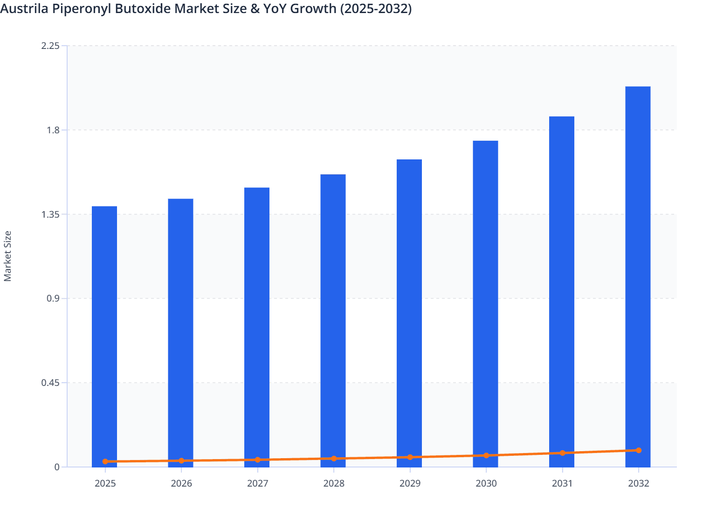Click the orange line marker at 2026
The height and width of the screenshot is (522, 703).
pyautogui.click(x=181, y=460)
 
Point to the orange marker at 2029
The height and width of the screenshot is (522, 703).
pyautogui.click(x=410, y=457)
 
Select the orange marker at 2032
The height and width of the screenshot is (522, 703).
pyautogui.click(x=639, y=450)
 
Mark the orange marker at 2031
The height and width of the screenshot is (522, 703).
pyautogui.click(x=562, y=453)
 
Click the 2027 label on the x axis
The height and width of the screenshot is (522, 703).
pyautogui.click(x=257, y=483)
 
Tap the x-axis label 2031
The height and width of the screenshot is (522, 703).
pyautogui.click(x=562, y=483)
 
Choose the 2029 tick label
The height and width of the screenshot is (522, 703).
pyautogui.click(x=410, y=483)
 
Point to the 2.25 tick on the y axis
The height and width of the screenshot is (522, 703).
pyautogui.click(x=50, y=46)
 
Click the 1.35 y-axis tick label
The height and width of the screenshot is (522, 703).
pyautogui.click(x=50, y=214)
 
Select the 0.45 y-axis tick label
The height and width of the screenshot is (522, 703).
pyautogui.click(x=50, y=383)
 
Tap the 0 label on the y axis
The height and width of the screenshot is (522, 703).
pyautogui.click(x=57, y=467)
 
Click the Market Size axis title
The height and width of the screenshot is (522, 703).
pyautogui.click(x=7, y=256)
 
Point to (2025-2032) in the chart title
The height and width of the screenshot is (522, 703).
pyautogui.click(x=375, y=8)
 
